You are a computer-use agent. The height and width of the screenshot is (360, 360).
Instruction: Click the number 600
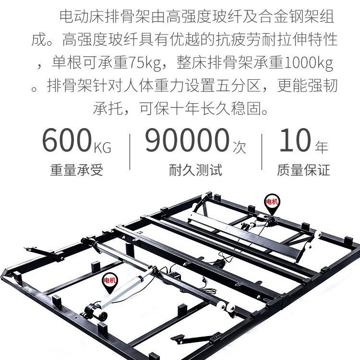click(66, 140)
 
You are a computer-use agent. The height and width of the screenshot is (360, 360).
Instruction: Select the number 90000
click(186, 140)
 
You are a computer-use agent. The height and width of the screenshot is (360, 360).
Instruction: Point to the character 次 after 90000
click(239, 146)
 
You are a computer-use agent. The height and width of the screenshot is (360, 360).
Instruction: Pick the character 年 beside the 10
click(321, 146)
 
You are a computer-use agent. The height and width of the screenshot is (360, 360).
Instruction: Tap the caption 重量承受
click(76, 170)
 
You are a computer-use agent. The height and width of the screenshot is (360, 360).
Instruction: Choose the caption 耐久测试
click(195, 170)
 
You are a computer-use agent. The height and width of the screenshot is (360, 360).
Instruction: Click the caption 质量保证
click(303, 170)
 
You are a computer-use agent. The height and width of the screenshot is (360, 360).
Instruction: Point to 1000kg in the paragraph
click(310, 63)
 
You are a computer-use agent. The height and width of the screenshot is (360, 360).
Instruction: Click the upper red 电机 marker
click(271, 202)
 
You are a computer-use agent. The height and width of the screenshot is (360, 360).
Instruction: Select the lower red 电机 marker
click(109, 280)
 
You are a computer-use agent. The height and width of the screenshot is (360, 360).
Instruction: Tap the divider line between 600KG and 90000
click(130, 152)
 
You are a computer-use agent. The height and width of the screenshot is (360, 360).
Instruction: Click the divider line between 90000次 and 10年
click(262, 152)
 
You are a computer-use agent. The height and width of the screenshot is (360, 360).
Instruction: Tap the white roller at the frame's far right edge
click(318, 235)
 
